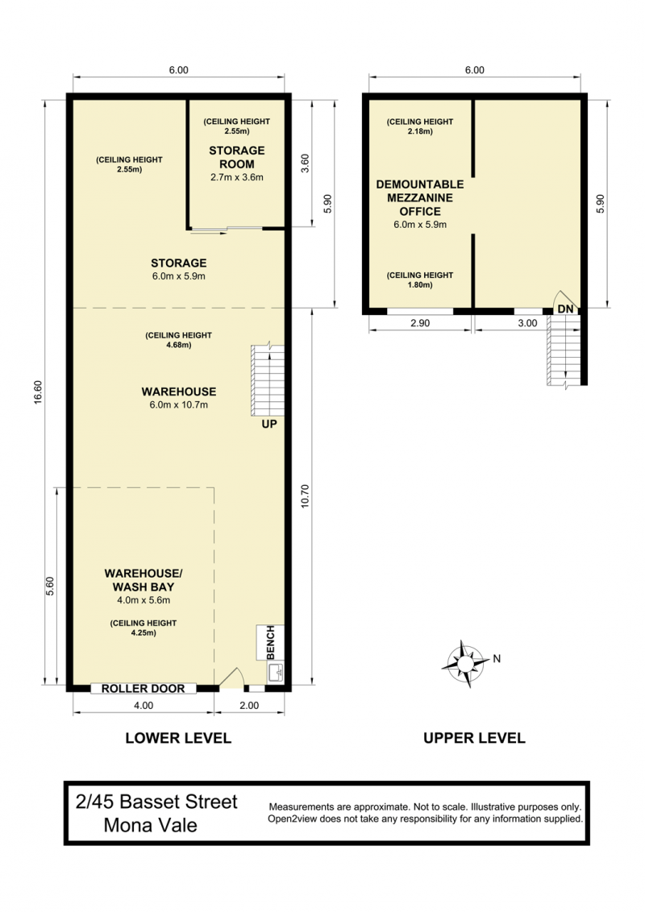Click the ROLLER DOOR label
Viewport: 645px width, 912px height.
tap(144, 689)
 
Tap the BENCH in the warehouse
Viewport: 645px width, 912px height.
tap(270, 643)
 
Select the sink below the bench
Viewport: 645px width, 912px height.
tap(276, 673)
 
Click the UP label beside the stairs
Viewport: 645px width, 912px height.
tap(269, 424)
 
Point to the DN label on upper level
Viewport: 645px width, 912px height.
tap(565, 309)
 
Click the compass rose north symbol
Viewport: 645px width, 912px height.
tap(466, 663)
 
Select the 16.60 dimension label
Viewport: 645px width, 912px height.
tap(38, 392)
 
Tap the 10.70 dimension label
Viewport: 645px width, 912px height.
tap(305, 496)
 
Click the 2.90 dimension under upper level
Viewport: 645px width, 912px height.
tap(420, 323)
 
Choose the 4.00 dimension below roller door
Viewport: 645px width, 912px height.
tap(144, 706)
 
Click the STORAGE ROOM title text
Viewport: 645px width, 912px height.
tap(237, 157)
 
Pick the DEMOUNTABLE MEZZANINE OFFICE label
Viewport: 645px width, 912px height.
tap(420, 197)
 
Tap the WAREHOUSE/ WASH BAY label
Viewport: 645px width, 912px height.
tap(144, 580)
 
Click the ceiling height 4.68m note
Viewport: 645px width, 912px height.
tap(179, 340)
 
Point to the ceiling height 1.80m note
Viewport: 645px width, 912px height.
tap(420, 280)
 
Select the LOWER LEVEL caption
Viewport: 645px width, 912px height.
tap(178, 738)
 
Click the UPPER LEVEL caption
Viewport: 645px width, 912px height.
tap(474, 738)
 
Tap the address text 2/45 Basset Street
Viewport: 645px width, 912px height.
tap(156, 802)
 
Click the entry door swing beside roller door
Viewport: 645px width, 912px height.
tap(231, 677)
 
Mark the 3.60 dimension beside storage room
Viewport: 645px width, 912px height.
tap(305, 163)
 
